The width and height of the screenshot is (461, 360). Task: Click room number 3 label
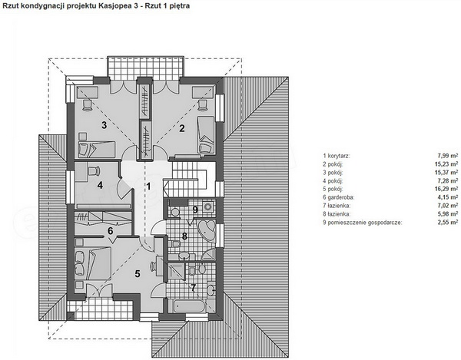click(104, 125)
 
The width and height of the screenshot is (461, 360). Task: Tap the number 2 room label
click(182, 128)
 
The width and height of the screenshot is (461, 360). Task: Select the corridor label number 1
click(148, 187)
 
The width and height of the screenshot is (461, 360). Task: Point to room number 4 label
click(100, 185)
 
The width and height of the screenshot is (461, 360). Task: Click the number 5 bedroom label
click(138, 274)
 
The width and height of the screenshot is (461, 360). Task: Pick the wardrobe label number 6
click(110, 231)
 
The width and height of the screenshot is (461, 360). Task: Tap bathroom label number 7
click(193, 288)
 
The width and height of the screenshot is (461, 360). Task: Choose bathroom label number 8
click(184, 236)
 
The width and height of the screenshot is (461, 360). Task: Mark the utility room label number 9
click(195, 210)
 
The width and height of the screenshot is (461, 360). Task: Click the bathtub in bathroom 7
click(189, 306)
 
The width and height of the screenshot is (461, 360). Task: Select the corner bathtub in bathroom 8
click(207, 230)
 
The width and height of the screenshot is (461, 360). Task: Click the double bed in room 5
click(93, 263)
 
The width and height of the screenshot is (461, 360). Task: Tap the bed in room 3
click(96, 149)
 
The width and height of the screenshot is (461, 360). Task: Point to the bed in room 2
click(206, 134)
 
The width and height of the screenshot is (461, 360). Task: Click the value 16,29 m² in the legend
click(446, 189)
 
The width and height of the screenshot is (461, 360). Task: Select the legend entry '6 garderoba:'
click(338, 197)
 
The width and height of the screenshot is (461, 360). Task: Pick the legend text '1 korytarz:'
click(337, 156)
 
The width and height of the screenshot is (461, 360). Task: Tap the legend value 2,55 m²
click(448, 223)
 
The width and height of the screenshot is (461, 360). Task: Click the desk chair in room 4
click(93, 170)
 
